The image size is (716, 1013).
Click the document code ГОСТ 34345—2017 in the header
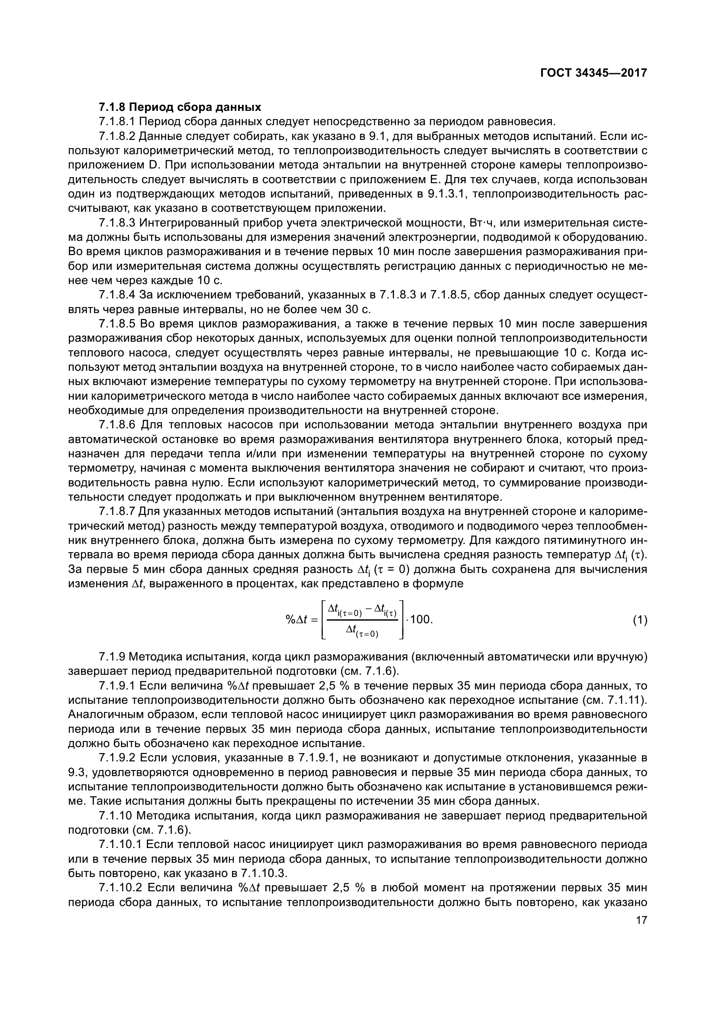pyautogui.click(x=593, y=73)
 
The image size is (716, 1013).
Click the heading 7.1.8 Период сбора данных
pyautogui.click(x=180, y=107)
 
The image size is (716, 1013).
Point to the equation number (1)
pyautogui.click(x=640, y=620)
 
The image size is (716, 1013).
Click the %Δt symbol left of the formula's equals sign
pyautogui.click(x=296, y=620)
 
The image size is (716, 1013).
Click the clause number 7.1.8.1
pyautogui.click(x=117, y=122)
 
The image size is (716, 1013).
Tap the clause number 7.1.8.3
pyautogui.click(x=117, y=223)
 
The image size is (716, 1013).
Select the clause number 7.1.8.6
pyautogui.click(x=117, y=425)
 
